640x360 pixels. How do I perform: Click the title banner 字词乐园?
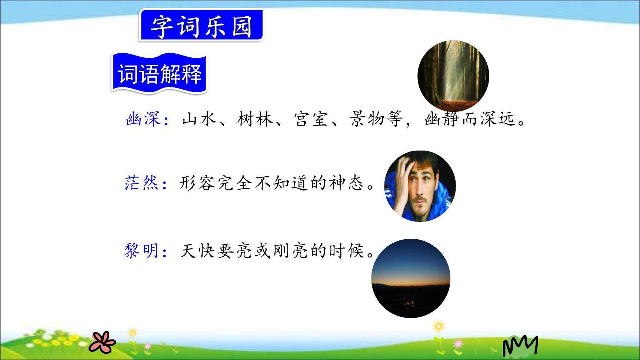pyautogui.click(x=201, y=26)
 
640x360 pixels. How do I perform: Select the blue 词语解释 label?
pyautogui.click(x=160, y=74)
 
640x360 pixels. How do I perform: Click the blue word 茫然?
pyautogui.click(x=141, y=183)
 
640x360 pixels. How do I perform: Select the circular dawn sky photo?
pyautogui.click(x=411, y=278)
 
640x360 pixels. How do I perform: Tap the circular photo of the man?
pyautogui.click(x=420, y=186)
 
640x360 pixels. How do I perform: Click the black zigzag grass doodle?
pyautogui.click(x=520, y=346)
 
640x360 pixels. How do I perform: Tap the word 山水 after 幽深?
pyautogui.click(x=199, y=119)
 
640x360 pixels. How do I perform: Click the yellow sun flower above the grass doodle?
pyautogui.click(x=438, y=326)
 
